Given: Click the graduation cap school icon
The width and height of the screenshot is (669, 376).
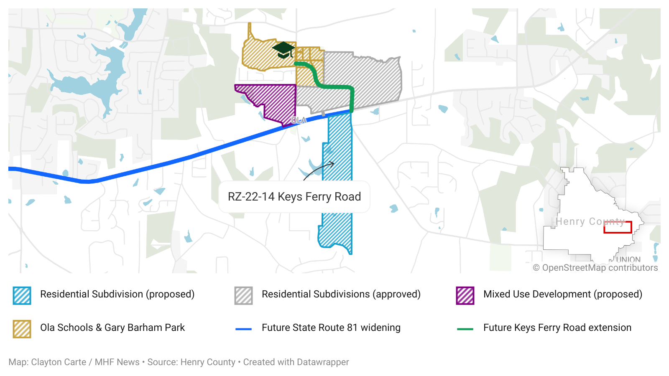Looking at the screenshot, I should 283,49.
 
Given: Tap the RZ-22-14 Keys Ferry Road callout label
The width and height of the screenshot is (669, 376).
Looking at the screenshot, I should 294,197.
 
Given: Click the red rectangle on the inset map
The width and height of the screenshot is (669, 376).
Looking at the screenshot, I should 618,227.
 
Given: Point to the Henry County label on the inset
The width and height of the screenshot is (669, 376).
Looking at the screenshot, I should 590,221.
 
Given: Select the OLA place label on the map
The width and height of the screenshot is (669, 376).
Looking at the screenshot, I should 299,120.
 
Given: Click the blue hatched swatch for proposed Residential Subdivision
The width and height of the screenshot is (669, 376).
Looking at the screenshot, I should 22,295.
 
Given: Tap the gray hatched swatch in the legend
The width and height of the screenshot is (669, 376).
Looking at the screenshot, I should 243,295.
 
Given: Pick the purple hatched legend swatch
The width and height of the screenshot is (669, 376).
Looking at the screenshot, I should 465,295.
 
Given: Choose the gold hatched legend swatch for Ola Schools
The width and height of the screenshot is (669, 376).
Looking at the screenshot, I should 22,329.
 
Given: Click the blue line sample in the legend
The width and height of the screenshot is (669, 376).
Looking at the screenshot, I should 243,329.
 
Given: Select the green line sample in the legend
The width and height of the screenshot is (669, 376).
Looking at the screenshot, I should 465,329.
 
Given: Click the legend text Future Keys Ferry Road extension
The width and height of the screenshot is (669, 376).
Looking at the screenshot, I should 557,328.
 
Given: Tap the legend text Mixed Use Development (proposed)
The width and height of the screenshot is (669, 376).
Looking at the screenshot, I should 562,294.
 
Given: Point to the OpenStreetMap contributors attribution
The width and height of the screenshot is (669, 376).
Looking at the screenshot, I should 595,268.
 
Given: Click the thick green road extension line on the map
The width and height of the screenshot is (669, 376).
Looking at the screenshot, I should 334,87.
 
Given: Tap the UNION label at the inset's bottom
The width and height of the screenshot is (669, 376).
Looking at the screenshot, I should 628,259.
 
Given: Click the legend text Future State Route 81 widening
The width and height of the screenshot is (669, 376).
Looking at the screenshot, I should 331,328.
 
